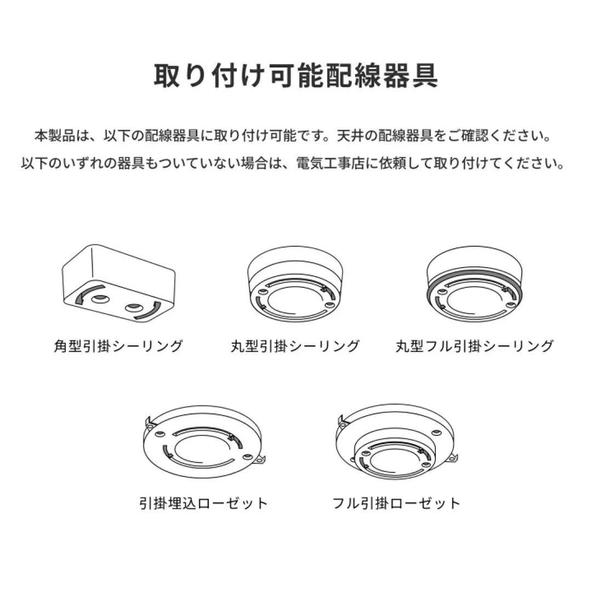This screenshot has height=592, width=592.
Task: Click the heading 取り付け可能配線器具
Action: click(x=295, y=76)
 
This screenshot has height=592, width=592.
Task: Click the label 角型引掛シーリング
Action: click(x=118, y=346)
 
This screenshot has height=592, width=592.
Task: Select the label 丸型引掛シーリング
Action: click(x=295, y=346)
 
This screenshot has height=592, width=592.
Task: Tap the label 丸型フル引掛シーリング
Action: click(x=475, y=346)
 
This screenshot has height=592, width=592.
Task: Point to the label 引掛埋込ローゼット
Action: click(x=204, y=503)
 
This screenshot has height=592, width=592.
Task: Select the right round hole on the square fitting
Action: click(x=133, y=308)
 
